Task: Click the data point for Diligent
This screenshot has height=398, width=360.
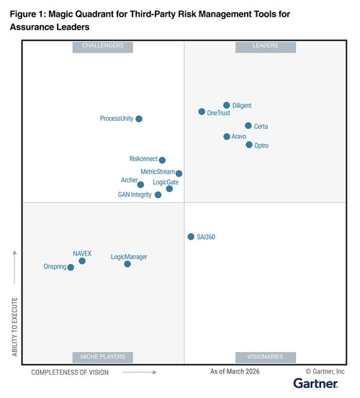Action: click(x=226, y=105)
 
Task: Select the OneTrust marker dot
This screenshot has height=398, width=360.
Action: click(x=202, y=112)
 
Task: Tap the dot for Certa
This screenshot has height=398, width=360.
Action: click(x=248, y=126)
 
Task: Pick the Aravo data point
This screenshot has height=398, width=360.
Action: click(x=226, y=137)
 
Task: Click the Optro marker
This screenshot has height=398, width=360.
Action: click(x=249, y=145)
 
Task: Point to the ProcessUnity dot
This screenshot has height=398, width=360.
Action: click(x=139, y=119)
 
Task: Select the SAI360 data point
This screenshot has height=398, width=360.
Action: click(x=191, y=236)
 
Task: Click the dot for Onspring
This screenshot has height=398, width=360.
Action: click(x=71, y=267)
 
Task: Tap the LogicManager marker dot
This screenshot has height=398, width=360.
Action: click(x=127, y=264)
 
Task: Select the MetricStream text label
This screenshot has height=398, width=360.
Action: click(x=157, y=172)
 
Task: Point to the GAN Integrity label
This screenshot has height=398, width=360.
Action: click(x=135, y=195)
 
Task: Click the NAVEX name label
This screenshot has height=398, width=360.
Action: click(x=82, y=253)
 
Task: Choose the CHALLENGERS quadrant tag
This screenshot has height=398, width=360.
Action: click(x=103, y=46)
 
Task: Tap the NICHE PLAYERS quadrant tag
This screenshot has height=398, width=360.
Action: click(x=103, y=356)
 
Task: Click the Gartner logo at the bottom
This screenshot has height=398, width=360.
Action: click(x=319, y=384)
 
